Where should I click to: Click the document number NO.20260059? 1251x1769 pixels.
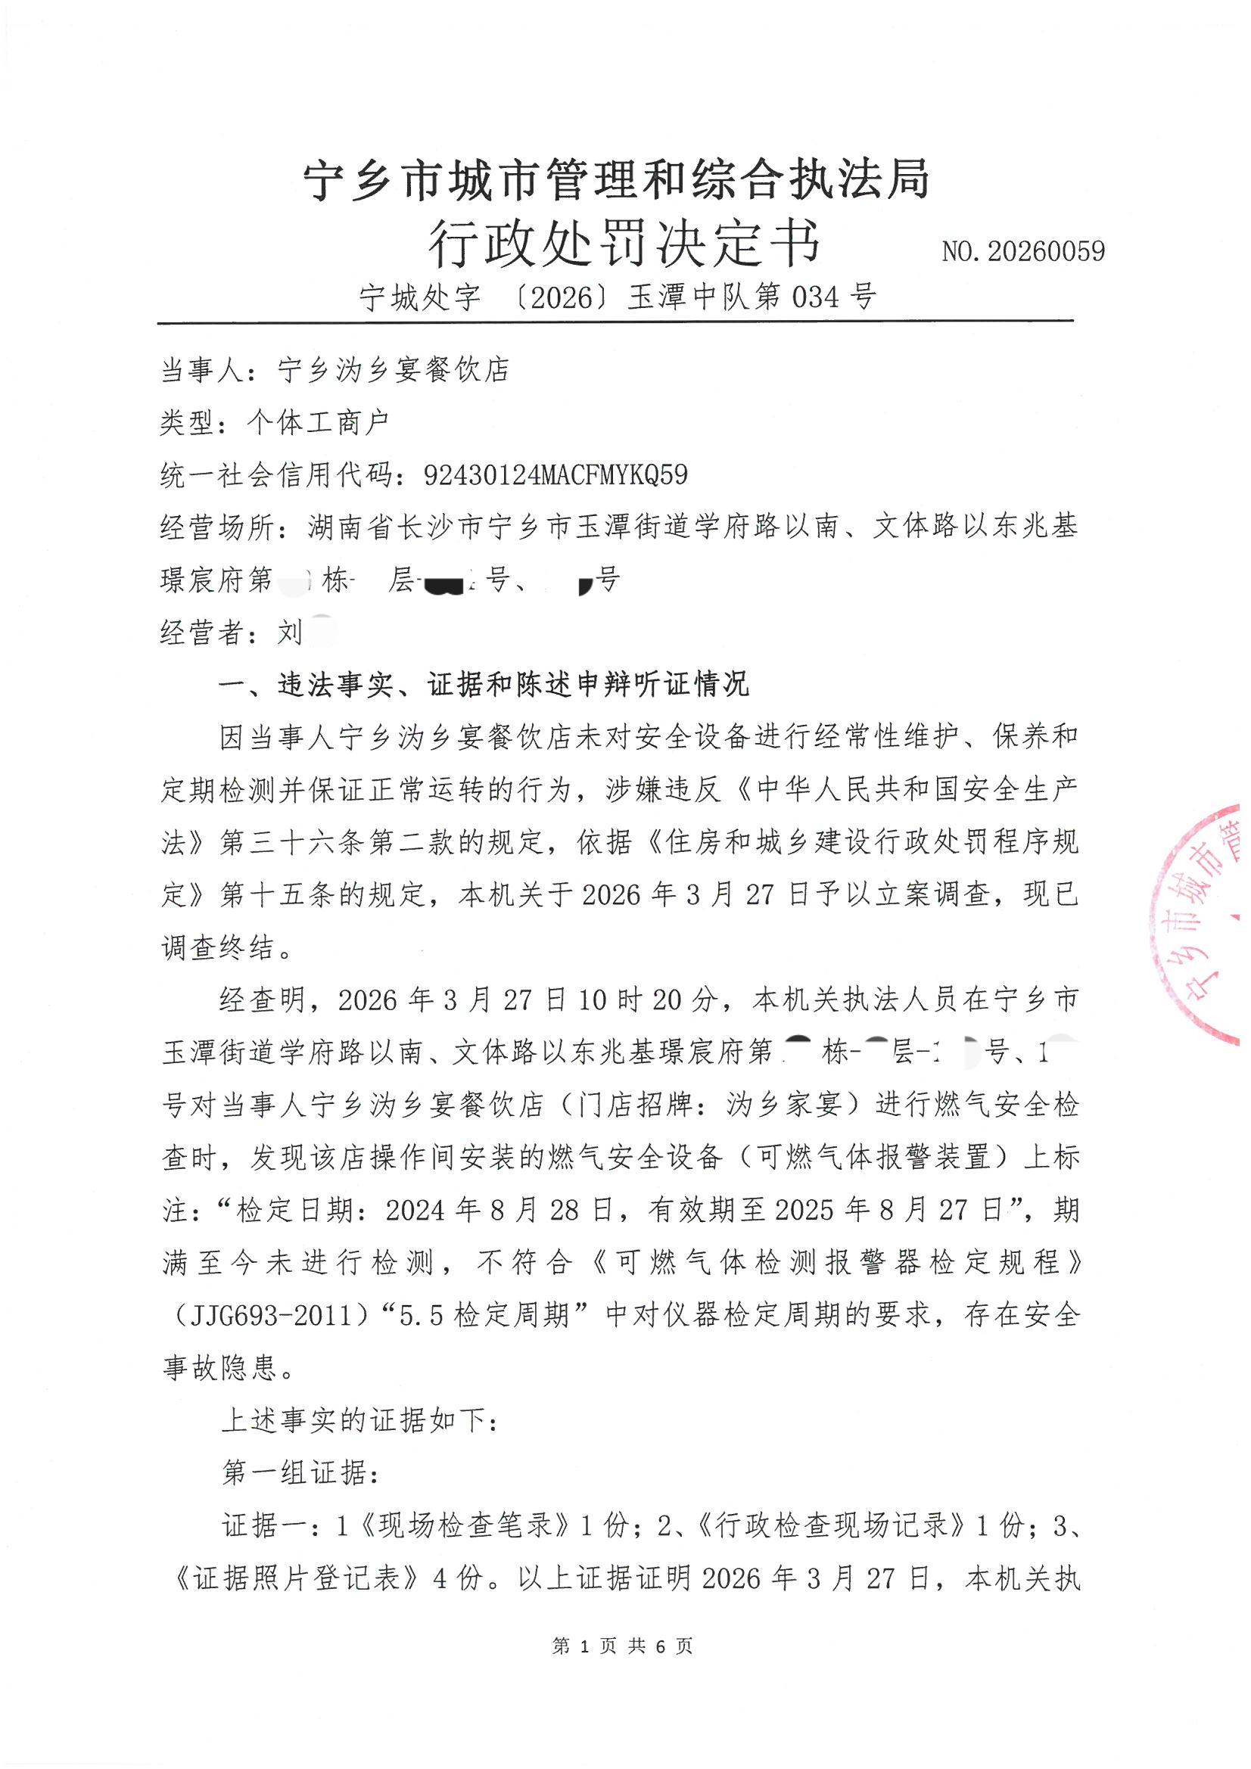pos(1023,251)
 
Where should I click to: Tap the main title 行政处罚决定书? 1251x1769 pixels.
pos(625,245)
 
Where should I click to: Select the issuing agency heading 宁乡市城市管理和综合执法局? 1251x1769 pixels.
pos(618,180)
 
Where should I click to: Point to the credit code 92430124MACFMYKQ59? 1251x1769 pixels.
pos(555,474)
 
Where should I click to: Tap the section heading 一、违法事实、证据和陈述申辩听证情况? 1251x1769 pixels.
pos(484,684)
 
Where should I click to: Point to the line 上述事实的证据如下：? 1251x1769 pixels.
pos(360,1420)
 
